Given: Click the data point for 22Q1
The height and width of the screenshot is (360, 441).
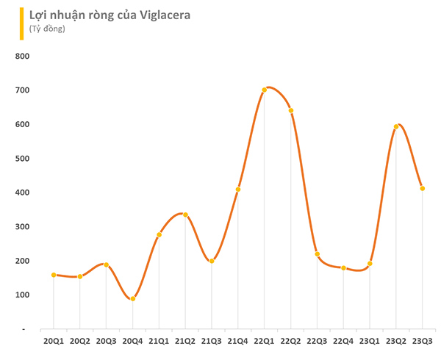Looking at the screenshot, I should tap(265, 90).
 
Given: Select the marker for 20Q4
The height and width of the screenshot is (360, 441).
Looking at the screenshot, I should tap(132, 299).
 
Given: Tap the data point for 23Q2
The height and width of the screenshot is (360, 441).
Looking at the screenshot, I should tap(396, 126).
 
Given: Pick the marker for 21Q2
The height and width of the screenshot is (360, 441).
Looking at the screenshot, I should tap(185, 215).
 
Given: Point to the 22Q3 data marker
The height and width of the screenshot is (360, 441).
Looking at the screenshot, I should tap(317, 254).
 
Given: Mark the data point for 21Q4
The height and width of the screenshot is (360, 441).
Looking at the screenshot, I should tap(238, 190).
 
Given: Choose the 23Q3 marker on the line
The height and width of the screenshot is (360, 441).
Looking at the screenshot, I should tap(423, 189).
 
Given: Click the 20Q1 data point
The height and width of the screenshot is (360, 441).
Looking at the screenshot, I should tap(54, 275).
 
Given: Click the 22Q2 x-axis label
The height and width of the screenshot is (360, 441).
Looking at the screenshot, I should tap(291, 342).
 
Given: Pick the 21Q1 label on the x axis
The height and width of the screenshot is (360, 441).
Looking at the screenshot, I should tap(159, 342).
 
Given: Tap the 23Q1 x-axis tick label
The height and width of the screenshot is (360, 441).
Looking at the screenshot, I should tap(370, 342).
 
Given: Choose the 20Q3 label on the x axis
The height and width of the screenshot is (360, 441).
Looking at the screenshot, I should tap(106, 342).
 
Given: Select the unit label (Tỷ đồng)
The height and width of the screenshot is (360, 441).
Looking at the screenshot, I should tap(47, 29).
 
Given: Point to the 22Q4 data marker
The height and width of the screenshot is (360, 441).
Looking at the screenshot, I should tap(343, 268).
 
